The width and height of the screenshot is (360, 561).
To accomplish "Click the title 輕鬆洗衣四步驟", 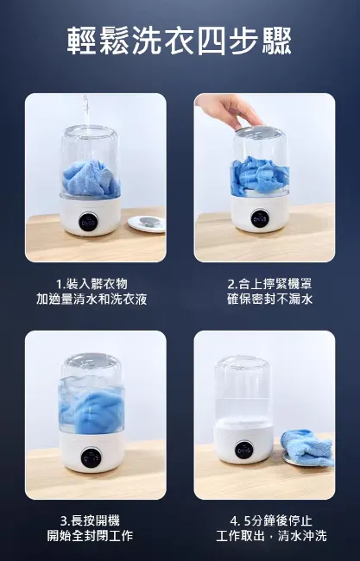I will pos(180,41).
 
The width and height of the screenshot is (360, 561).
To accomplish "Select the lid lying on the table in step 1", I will pos(146,224).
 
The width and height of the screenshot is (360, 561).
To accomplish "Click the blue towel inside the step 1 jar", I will pos(91,179).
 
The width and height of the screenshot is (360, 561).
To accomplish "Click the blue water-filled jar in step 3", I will pos(92,401).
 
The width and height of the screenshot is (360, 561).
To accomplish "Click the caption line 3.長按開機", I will pos(91,520).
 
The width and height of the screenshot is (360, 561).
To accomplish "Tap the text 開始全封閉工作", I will pos(91,536).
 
